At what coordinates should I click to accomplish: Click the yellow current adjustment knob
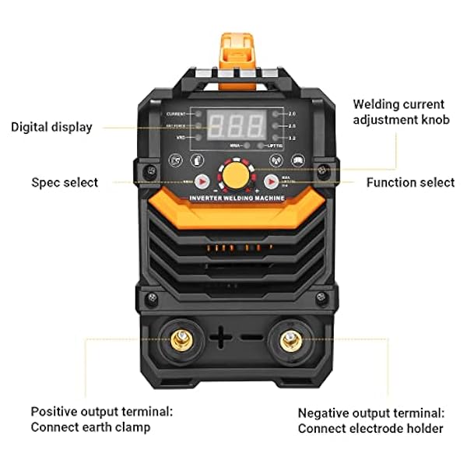(234, 175)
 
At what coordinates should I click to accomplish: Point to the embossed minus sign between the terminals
(251, 337)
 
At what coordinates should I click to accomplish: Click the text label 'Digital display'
(51, 127)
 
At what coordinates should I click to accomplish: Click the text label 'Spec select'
(65, 182)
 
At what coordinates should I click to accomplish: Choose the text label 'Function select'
(410, 182)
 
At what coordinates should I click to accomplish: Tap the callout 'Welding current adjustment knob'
(399, 111)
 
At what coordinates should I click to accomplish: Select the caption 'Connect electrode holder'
(370, 428)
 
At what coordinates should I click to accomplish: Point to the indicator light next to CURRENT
(200, 114)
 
